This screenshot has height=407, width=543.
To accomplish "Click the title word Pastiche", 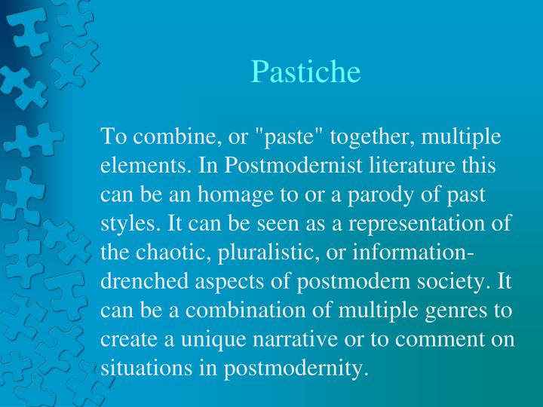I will (x=305, y=72).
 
